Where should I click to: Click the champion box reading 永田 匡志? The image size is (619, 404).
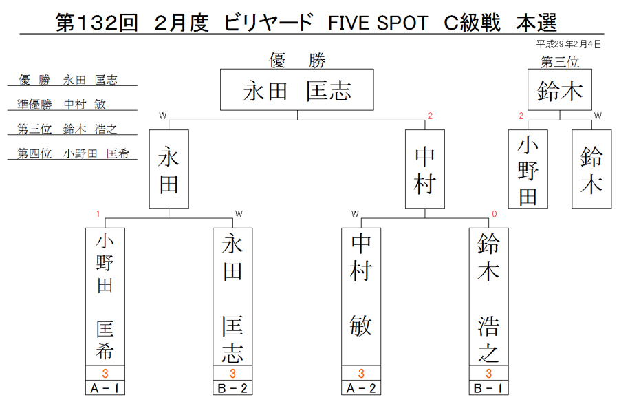pos(297,89)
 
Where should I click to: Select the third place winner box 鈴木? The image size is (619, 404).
pos(560,89)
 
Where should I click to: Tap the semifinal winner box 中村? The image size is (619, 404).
pos(425,169)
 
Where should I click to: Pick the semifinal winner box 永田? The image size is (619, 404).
pos(169,169)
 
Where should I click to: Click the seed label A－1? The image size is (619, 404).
pos(105,388)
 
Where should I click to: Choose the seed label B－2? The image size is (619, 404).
pos(232,388)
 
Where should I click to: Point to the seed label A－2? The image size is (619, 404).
pos(361,388)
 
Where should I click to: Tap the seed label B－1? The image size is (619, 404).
pos(489,388)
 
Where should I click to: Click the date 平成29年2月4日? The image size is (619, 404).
pos(569,44)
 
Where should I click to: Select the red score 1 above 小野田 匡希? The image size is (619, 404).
pos(98,214)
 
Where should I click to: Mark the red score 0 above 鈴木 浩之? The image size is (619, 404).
pos(495,214)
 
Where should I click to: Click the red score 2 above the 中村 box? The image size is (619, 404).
pos(431,116)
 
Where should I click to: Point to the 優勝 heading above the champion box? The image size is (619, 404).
pos(297,61)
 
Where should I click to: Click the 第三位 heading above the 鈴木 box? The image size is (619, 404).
pos(560,62)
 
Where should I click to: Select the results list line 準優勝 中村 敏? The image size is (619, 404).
pos(61,104)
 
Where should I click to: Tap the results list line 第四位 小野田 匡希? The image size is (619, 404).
pos(73,153)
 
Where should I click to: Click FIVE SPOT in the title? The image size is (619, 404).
pos(378,23)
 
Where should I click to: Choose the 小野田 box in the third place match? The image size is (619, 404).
pos(528,169)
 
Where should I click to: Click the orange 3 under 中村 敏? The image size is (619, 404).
pos(361,373)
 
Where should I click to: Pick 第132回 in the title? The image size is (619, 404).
pos(97,23)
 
